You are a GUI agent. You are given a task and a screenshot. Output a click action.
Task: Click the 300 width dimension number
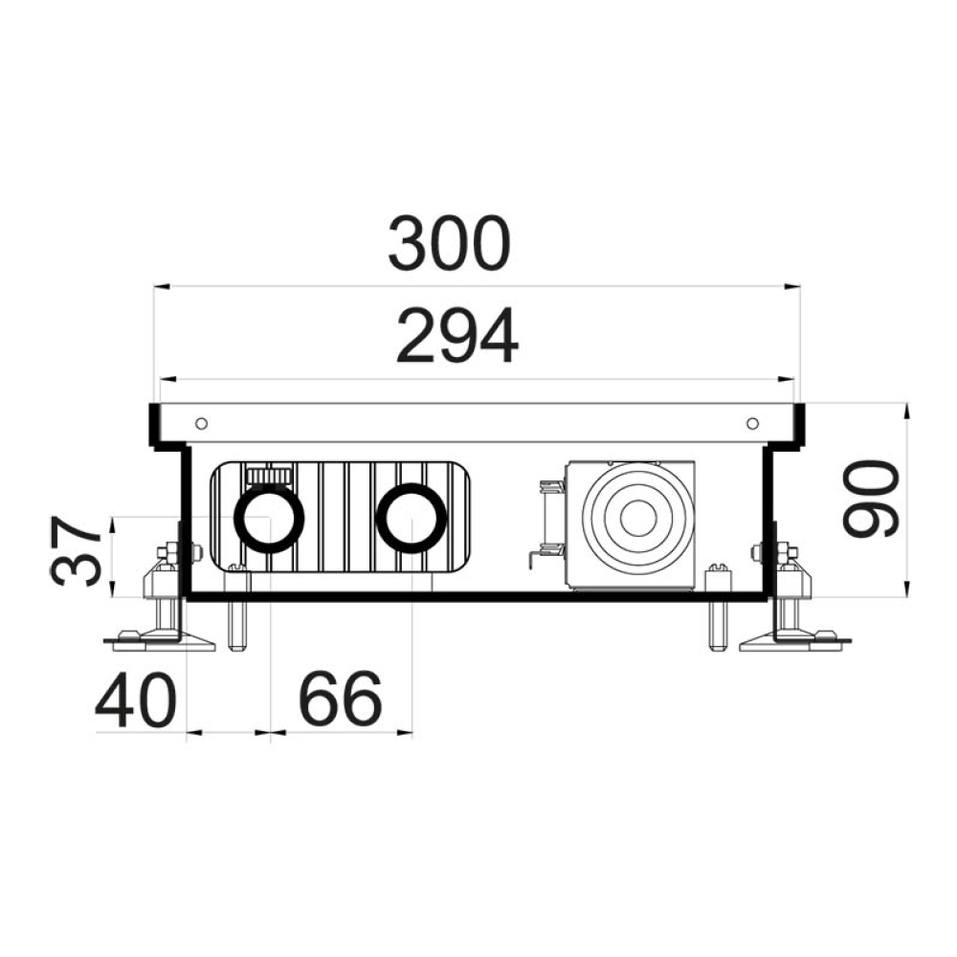(449, 243)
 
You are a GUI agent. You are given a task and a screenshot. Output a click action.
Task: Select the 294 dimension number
(457, 336)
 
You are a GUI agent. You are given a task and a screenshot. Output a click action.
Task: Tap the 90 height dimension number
(871, 499)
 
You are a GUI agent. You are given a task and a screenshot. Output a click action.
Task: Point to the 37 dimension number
(77, 551)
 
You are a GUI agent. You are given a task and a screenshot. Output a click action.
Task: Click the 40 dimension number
(136, 701)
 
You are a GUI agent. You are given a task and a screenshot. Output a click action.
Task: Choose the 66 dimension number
(341, 700)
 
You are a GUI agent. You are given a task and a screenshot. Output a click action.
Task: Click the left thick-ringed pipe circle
(269, 518)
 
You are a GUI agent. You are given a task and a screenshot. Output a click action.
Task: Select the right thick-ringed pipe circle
(412, 518)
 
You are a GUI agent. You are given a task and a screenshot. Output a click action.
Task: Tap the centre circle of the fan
(638, 520)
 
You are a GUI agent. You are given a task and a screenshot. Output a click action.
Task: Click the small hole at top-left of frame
(201, 424)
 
